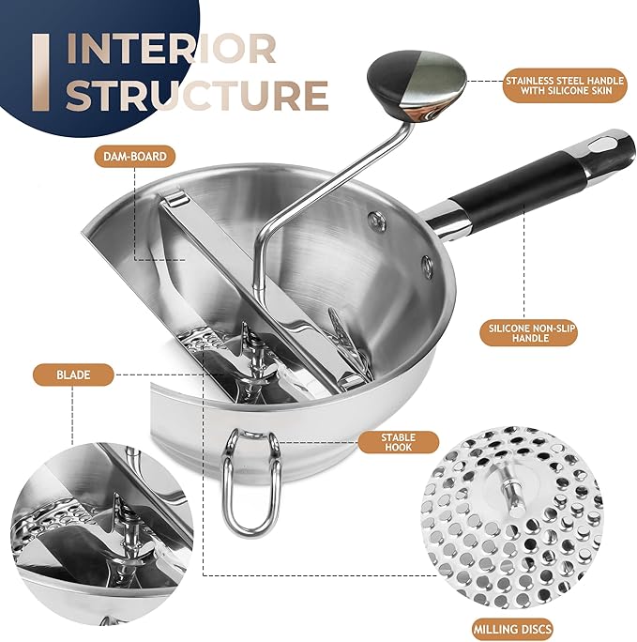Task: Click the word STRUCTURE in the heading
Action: coord(197,95)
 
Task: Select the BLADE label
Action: coord(73,375)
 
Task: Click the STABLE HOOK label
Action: coord(398,442)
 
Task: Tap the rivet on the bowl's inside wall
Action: coord(376,220)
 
